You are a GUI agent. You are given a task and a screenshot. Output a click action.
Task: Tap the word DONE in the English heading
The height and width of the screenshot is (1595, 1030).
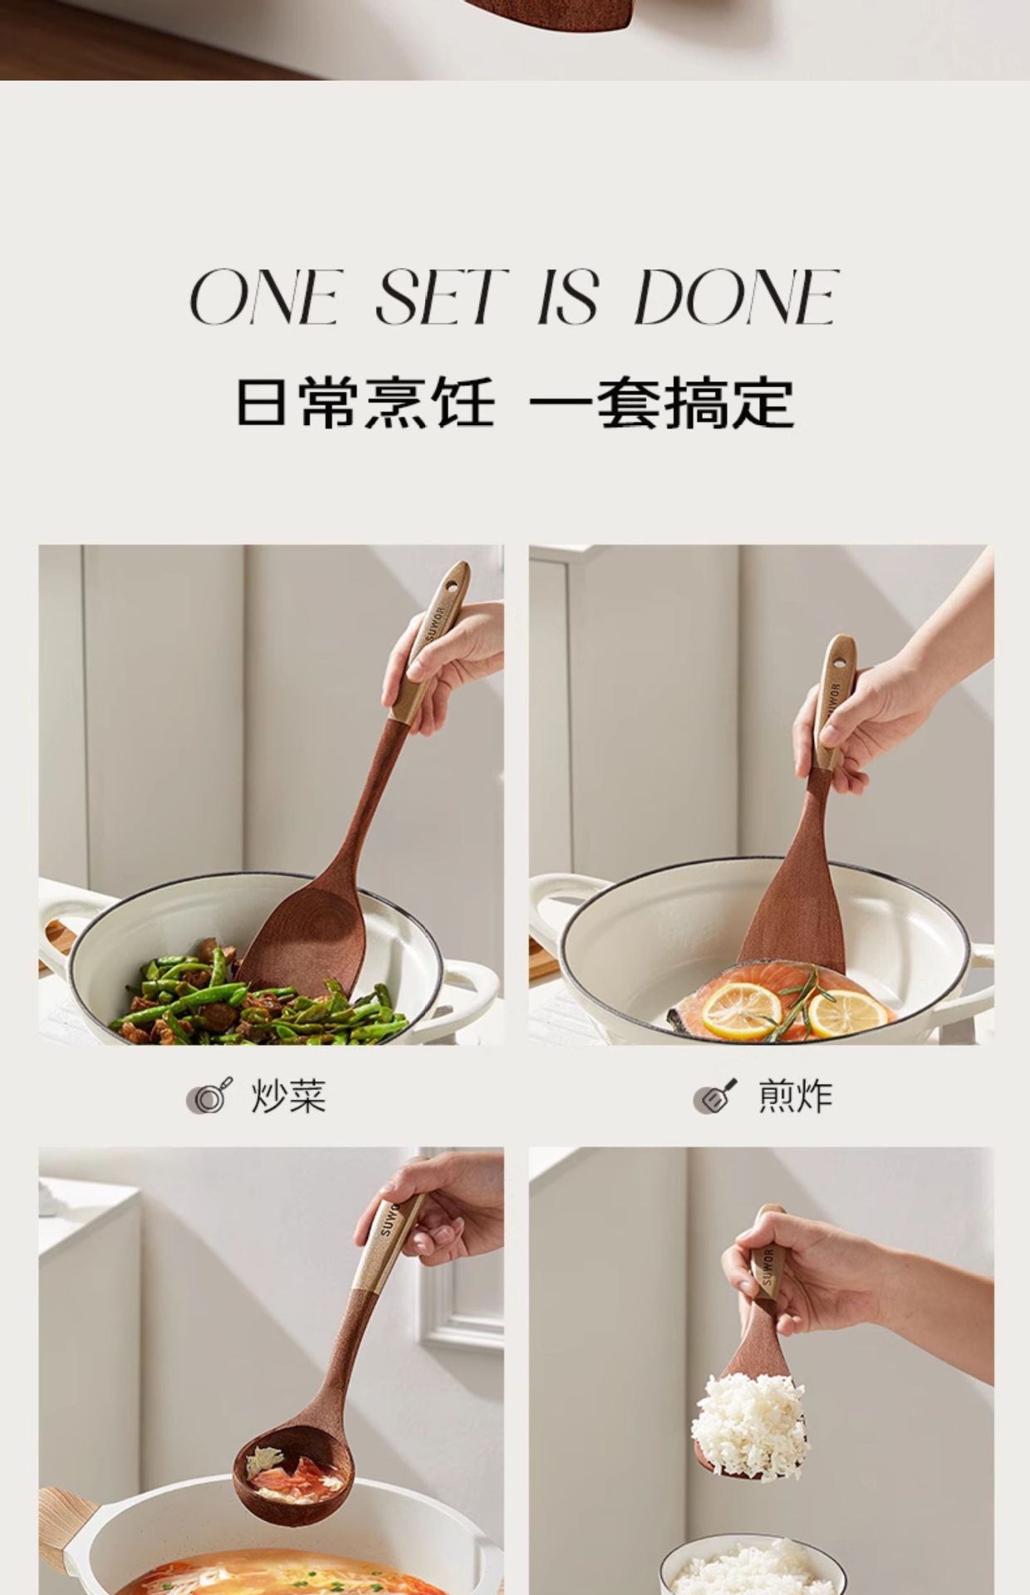[x=736, y=297]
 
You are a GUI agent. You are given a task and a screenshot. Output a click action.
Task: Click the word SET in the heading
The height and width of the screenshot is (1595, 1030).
[x=440, y=297]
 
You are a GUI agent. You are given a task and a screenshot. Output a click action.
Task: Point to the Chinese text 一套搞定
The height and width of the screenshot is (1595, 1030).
[x=662, y=403]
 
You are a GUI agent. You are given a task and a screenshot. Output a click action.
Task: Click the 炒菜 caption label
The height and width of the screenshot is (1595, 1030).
[x=288, y=1097]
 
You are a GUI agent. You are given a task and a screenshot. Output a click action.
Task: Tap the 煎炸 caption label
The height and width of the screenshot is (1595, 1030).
[x=795, y=1097]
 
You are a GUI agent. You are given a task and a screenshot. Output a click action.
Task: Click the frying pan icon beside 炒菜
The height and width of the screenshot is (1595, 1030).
[x=208, y=1097]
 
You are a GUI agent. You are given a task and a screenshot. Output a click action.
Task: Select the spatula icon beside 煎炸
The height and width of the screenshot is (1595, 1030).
[x=715, y=1097]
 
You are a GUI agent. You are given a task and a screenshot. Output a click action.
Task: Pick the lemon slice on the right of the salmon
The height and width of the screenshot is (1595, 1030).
[x=847, y=1013]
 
